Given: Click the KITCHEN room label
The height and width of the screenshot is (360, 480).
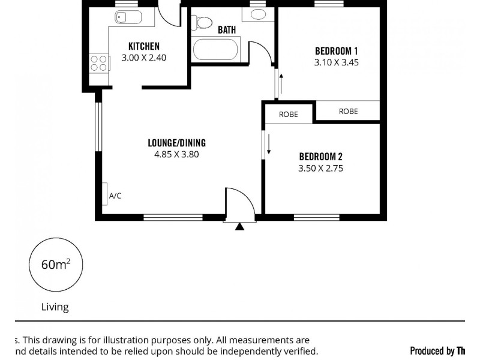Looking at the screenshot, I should pyautogui.click(x=144, y=46).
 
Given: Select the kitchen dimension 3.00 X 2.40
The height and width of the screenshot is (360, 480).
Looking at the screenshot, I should pyautogui.click(x=144, y=58).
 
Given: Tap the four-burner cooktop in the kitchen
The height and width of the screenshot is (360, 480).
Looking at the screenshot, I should pyautogui.click(x=99, y=63).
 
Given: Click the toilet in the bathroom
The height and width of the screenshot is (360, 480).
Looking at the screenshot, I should pyautogui.click(x=202, y=23).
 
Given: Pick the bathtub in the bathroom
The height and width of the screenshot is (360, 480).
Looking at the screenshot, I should pyautogui.click(x=215, y=49).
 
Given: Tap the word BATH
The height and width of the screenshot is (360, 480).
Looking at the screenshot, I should pyautogui.click(x=227, y=29).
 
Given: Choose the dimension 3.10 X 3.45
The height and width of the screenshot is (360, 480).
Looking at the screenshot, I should pyautogui.click(x=337, y=62).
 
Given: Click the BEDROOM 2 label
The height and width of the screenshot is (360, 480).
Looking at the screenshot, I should pyautogui.click(x=320, y=157).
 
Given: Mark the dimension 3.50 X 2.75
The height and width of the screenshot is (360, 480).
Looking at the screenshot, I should pyautogui.click(x=320, y=169).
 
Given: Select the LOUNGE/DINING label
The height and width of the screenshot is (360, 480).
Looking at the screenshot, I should pyautogui.click(x=176, y=143).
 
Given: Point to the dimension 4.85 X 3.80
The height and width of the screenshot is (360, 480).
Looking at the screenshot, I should pyautogui.click(x=176, y=154).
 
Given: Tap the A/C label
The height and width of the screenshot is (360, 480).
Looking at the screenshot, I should pyautogui.click(x=115, y=196).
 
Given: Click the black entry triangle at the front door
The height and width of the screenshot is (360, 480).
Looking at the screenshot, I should pyautogui.click(x=240, y=226).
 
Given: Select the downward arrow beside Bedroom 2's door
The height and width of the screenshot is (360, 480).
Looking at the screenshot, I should pyautogui.click(x=269, y=144).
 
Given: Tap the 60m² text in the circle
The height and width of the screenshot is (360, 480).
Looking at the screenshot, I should pyautogui.click(x=55, y=265).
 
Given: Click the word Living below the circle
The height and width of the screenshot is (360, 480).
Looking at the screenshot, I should pyautogui.click(x=55, y=307).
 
